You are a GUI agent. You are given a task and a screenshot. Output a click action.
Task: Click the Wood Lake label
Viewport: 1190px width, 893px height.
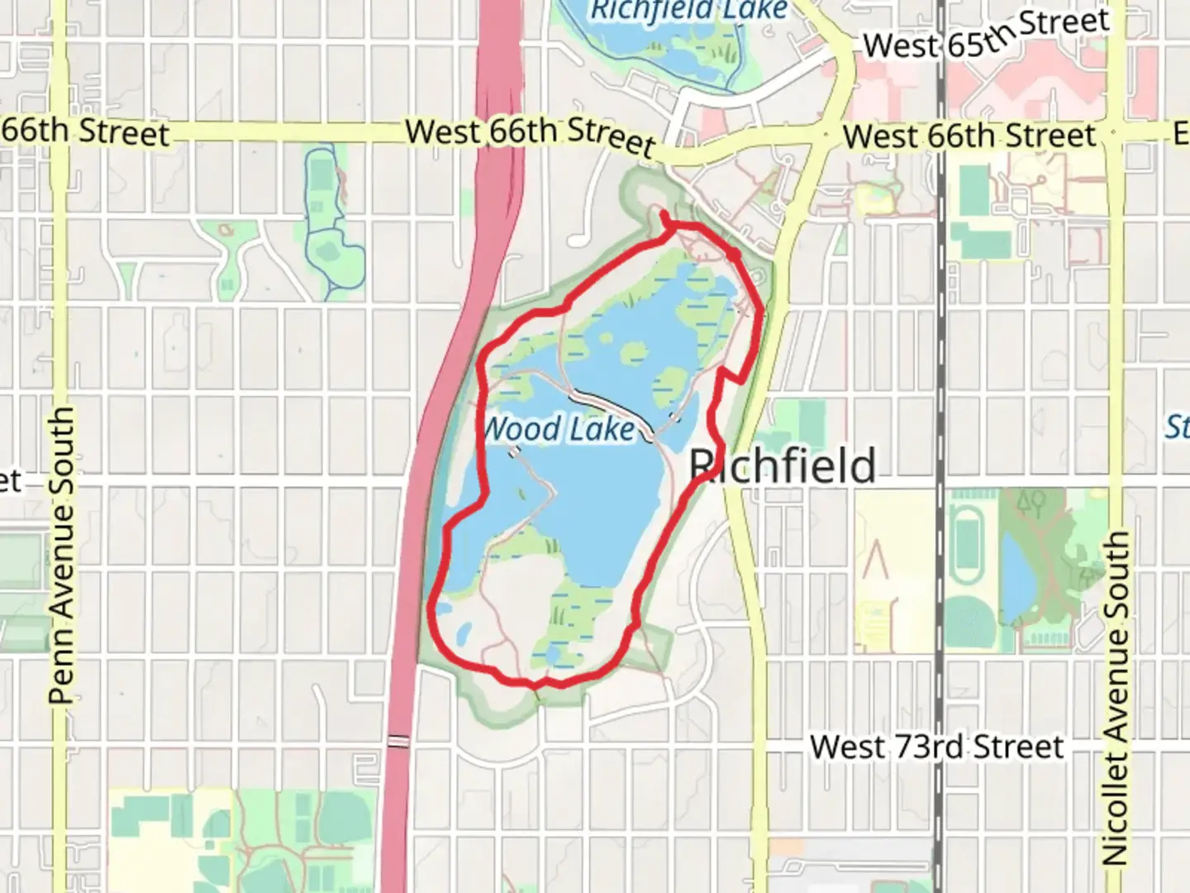pyautogui.click(x=559, y=429)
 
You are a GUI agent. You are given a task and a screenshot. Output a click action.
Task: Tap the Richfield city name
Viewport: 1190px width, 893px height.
pyautogui.click(x=783, y=466)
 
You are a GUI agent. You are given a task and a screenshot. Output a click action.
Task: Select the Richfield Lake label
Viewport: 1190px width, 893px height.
pyautogui.click(x=689, y=10)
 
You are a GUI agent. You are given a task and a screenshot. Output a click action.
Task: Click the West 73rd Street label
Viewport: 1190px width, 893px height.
pyautogui.click(x=936, y=747)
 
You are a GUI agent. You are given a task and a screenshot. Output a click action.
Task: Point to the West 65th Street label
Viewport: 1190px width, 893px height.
pyautogui.click(x=985, y=36)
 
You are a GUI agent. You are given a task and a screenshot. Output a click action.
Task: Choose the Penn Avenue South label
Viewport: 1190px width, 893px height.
pyautogui.click(x=62, y=555)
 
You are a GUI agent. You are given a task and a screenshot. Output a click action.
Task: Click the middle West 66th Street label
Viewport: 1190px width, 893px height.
pyautogui.click(x=531, y=136)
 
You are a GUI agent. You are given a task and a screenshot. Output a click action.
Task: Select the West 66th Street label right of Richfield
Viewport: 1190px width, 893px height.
pyautogui.click(x=969, y=135)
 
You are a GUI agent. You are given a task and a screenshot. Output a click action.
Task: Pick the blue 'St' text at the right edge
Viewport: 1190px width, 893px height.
pyautogui.click(x=1177, y=427)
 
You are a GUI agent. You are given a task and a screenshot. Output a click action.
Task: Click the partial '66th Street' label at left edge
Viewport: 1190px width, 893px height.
pyautogui.click(x=83, y=132)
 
